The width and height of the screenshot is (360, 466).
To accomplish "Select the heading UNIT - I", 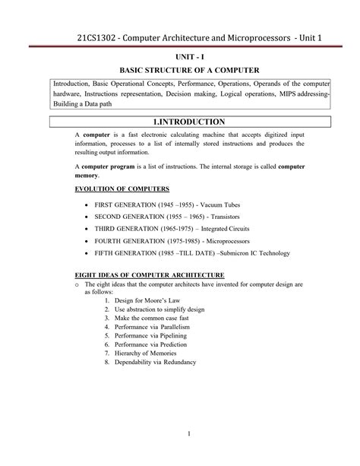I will (180, 57).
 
